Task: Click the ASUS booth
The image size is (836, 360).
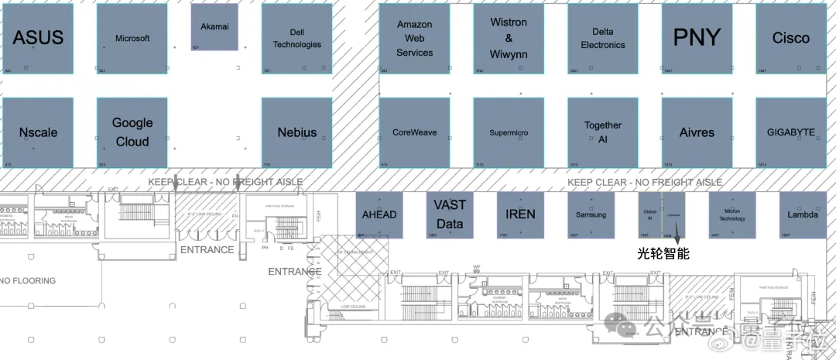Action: [38, 39]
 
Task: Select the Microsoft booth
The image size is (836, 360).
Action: [132, 39]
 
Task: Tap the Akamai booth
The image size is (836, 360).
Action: [214, 27]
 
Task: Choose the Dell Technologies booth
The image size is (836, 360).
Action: [296, 39]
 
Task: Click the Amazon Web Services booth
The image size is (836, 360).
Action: [414, 39]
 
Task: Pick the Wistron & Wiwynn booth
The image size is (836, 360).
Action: [509, 39]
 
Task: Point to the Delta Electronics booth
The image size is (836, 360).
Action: [603, 39]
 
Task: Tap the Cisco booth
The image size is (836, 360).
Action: [791, 39]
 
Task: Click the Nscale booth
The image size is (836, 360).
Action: [38, 132]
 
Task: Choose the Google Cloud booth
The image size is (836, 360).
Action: [132, 132]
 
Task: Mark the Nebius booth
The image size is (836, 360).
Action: [296, 132]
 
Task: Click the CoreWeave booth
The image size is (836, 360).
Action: [414, 132]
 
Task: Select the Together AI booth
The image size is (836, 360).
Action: [603, 132]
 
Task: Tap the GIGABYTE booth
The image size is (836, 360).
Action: [791, 132]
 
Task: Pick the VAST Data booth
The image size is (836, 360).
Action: [450, 214]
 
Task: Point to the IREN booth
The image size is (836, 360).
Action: [520, 214]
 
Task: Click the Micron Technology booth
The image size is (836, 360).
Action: [731, 214]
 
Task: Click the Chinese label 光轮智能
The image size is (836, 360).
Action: [663, 253]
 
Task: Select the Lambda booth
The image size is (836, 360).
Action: [802, 214]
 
